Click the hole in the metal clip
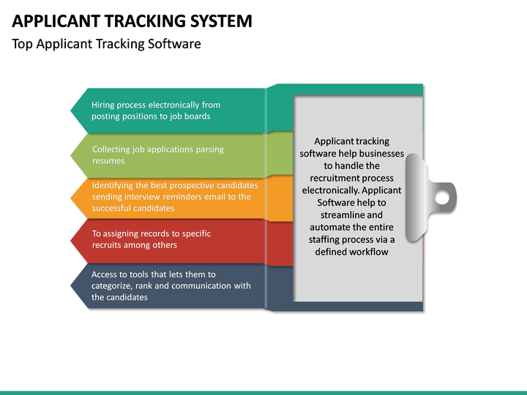coord(441,196)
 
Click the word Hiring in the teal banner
coord(104,105)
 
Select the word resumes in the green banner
coord(108,160)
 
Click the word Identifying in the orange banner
coord(114,185)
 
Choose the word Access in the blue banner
coord(105,274)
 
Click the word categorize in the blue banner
coord(116,286)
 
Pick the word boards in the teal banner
coord(197,116)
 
